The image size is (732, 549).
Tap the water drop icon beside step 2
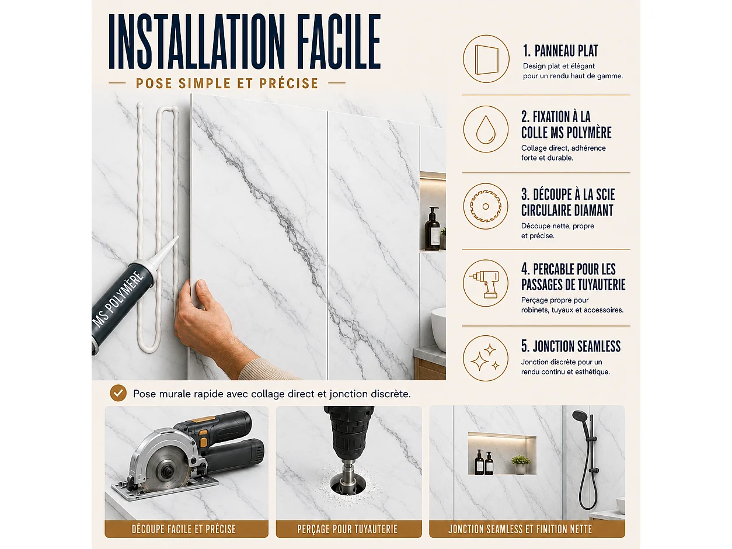[486, 130]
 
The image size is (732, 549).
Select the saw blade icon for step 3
[486, 206]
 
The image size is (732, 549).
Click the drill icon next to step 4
[486, 284]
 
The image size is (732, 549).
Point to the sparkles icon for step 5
[485, 358]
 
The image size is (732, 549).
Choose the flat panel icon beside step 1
[487, 60]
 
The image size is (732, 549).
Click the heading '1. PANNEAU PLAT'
[560, 51]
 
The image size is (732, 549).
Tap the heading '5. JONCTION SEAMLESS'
[570, 346]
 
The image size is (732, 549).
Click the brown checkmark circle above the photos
[118, 393]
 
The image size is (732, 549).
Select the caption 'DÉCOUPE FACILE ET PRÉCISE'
[184, 529]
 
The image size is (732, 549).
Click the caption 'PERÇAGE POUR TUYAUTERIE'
[347, 529]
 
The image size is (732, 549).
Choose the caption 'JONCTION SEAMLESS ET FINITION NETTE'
[520, 529]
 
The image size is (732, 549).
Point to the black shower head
[581, 416]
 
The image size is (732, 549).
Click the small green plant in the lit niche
[520, 460]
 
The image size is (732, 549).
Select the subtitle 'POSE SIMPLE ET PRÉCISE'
[227, 84]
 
